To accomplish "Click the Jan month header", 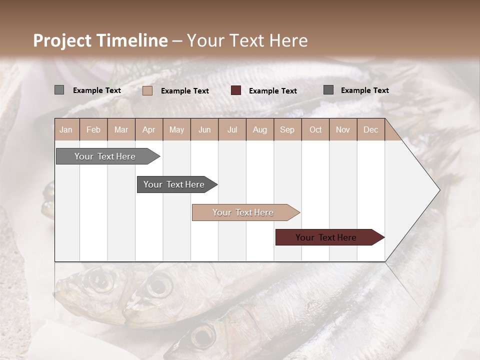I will click(66, 129).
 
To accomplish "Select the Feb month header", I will click(93, 129).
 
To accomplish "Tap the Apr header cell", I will click(149, 129).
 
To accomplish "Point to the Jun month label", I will click(204, 129).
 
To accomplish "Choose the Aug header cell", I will click(260, 129).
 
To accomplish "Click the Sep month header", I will click(287, 129).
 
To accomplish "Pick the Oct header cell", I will click(315, 129).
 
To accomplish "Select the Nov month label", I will click(343, 129).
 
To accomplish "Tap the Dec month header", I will click(371, 129).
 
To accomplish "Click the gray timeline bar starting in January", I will click(105, 156).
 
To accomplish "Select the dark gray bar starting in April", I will click(174, 184).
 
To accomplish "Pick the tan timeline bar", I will click(243, 212).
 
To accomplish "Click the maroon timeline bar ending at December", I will click(326, 237).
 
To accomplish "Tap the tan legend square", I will click(147, 90).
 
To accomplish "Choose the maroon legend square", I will click(236, 90).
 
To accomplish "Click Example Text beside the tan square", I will click(185, 91).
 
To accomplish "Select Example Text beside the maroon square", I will click(273, 91).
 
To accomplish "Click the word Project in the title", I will click(62, 40).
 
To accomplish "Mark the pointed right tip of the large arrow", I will click(439, 189).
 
